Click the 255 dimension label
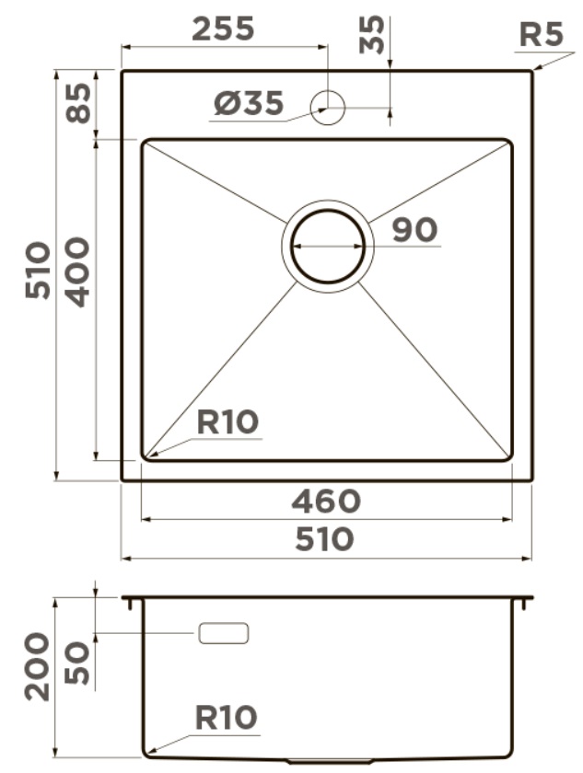pos(223,29)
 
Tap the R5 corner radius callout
pos(541,35)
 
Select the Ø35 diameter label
pos(249,103)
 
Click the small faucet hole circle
pos(327,108)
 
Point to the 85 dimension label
pos(79,103)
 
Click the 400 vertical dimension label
pos(78,272)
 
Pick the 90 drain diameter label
pos(414,230)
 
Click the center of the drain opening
pos(328,246)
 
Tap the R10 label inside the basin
pos(227,422)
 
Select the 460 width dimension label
pos(326,501)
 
